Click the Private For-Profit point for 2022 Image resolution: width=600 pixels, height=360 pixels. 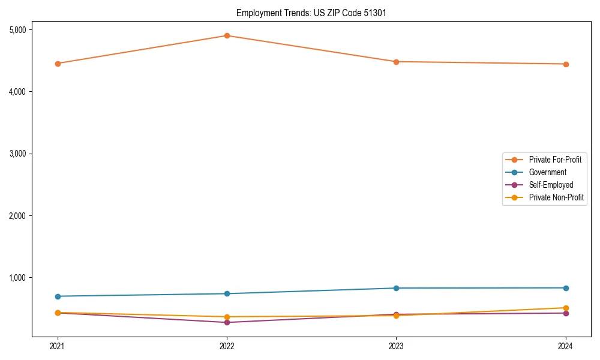pos(227,35)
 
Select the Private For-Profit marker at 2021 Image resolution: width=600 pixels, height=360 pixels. pos(58,64)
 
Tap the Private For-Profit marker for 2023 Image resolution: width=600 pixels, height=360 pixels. pos(396,62)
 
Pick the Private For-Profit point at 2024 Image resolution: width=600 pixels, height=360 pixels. pos(566,64)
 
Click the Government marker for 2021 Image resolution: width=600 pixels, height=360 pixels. pos(58,296)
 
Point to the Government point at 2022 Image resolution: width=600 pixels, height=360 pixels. pos(227,293)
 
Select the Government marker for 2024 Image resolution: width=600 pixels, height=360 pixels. pos(566,288)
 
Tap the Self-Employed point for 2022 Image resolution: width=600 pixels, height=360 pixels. pos(227,322)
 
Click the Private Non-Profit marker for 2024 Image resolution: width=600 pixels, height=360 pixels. pos(566,308)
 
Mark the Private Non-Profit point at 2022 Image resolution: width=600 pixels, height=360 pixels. pos(227,317)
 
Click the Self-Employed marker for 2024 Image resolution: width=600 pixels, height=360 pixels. pos(566,313)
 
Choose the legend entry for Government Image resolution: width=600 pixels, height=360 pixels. pos(547,172)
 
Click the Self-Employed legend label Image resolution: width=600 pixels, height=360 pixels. pos(551,185)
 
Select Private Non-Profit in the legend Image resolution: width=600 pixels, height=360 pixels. pos(556,197)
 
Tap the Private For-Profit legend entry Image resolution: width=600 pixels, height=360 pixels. pos(555,160)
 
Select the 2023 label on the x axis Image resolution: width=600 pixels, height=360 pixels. pos(396,346)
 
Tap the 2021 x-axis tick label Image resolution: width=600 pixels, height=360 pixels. pos(58,346)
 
